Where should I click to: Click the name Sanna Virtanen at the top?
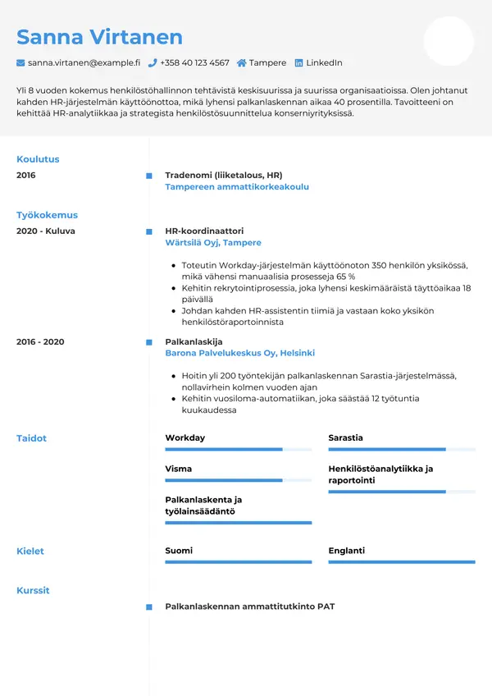click(99, 37)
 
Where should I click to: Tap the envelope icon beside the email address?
click(20, 62)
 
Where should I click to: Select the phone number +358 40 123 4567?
click(194, 62)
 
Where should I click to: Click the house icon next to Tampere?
click(242, 62)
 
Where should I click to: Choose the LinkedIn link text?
click(324, 62)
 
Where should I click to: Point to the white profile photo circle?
click(449, 41)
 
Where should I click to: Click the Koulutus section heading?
click(38, 159)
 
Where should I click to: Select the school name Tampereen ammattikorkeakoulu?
click(237, 187)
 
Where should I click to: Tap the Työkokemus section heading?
click(47, 215)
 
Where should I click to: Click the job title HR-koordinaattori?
click(204, 231)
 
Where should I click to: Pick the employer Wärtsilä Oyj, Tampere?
click(213, 243)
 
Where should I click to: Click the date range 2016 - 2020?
click(40, 341)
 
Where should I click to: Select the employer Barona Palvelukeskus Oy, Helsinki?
click(239, 353)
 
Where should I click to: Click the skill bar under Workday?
click(238, 450)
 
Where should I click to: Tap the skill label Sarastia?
click(345, 438)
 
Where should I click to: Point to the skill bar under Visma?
click(238, 480)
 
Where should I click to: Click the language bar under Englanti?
click(401, 562)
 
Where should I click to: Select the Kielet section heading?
click(30, 552)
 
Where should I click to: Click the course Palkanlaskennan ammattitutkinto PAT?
click(249, 607)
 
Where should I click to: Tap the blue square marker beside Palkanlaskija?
click(148, 341)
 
